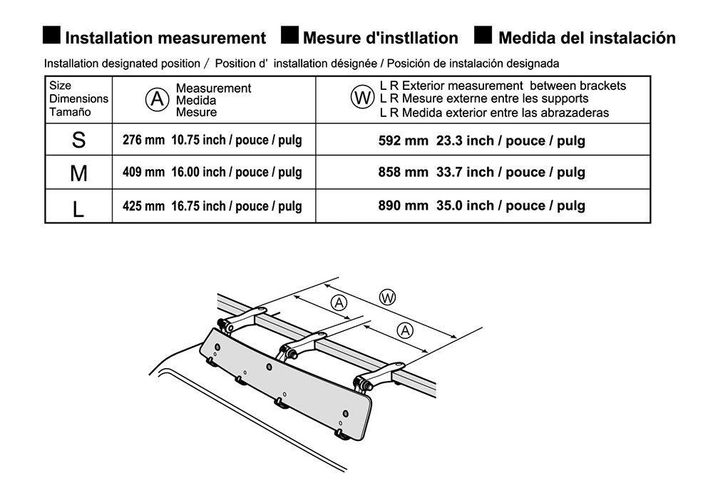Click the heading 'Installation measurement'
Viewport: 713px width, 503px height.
point(165,38)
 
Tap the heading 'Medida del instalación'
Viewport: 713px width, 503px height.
point(586,38)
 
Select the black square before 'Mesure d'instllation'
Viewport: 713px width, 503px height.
point(289,36)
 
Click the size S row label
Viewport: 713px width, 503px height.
point(78,140)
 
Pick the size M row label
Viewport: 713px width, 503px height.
point(78,173)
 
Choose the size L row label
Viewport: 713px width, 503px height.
point(78,207)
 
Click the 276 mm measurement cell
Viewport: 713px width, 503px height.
point(212,140)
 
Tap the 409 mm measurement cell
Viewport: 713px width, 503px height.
point(212,173)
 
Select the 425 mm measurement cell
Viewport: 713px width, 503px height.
point(212,206)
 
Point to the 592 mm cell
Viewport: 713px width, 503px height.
point(481,141)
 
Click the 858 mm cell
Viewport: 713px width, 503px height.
point(481,172)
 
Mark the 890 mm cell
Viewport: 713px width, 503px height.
point(481,205)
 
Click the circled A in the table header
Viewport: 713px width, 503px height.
point(157,99)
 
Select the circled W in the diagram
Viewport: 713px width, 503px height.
point(387,298)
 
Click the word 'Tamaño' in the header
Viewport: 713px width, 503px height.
point(68,113)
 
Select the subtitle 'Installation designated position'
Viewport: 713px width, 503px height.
point(122,63)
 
